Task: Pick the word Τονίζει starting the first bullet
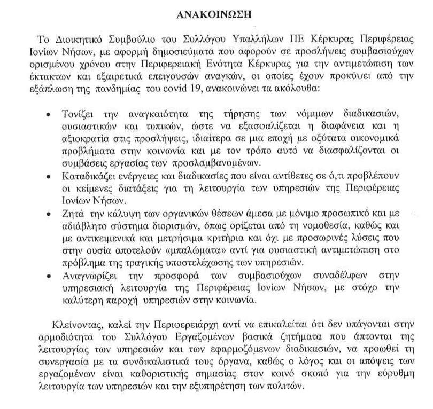(80, 115)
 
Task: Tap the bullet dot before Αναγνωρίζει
(50, 276)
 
